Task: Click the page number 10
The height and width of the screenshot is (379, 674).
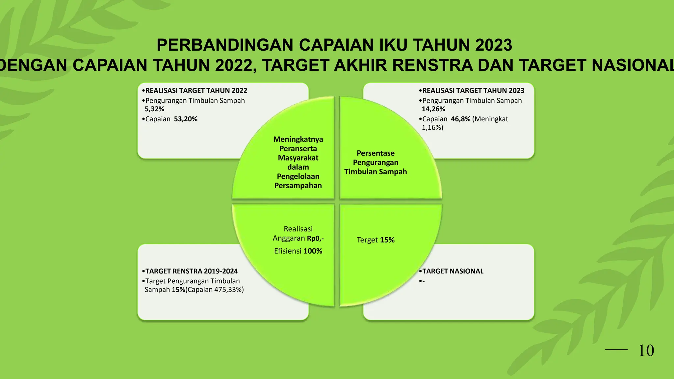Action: pyautogui.click(x=646, y=351)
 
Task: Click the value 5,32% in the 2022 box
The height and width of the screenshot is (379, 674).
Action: pyautogui.click(x=154, y=109)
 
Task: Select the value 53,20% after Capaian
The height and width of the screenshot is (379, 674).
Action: pyautogui.click(x=186, y=119)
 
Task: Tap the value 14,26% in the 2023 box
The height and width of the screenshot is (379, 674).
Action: pyautogui.click(x=433, y=109)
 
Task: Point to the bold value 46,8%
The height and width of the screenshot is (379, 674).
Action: pyautogui.click(x=460, y=119)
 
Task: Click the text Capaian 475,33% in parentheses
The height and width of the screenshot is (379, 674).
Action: pyautogui.click(x=215, y=290)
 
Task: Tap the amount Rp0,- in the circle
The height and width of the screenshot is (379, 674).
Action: pyautogui.click(x=315, y=238)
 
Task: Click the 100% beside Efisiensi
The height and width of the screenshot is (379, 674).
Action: pyautogui.click(x=313, y=251)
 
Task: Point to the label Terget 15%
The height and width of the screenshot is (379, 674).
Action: pyautogui.click(x=376, y=240)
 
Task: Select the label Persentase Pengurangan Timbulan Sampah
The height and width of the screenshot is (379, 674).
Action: pyautogui.click(x=376, y=162)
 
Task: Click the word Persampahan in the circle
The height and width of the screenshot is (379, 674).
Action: pyautogui.click(x=298, y=186)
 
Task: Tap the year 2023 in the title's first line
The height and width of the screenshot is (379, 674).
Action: pyautogui.click(x=493, y=45)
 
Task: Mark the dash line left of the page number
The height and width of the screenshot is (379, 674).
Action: pyautogui.click(x=616, y=350)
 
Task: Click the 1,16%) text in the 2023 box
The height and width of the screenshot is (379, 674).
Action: pyautogui.click(x=432, y=127)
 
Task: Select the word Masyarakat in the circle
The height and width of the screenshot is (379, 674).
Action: pyautogui.click(x=298, y=158)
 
